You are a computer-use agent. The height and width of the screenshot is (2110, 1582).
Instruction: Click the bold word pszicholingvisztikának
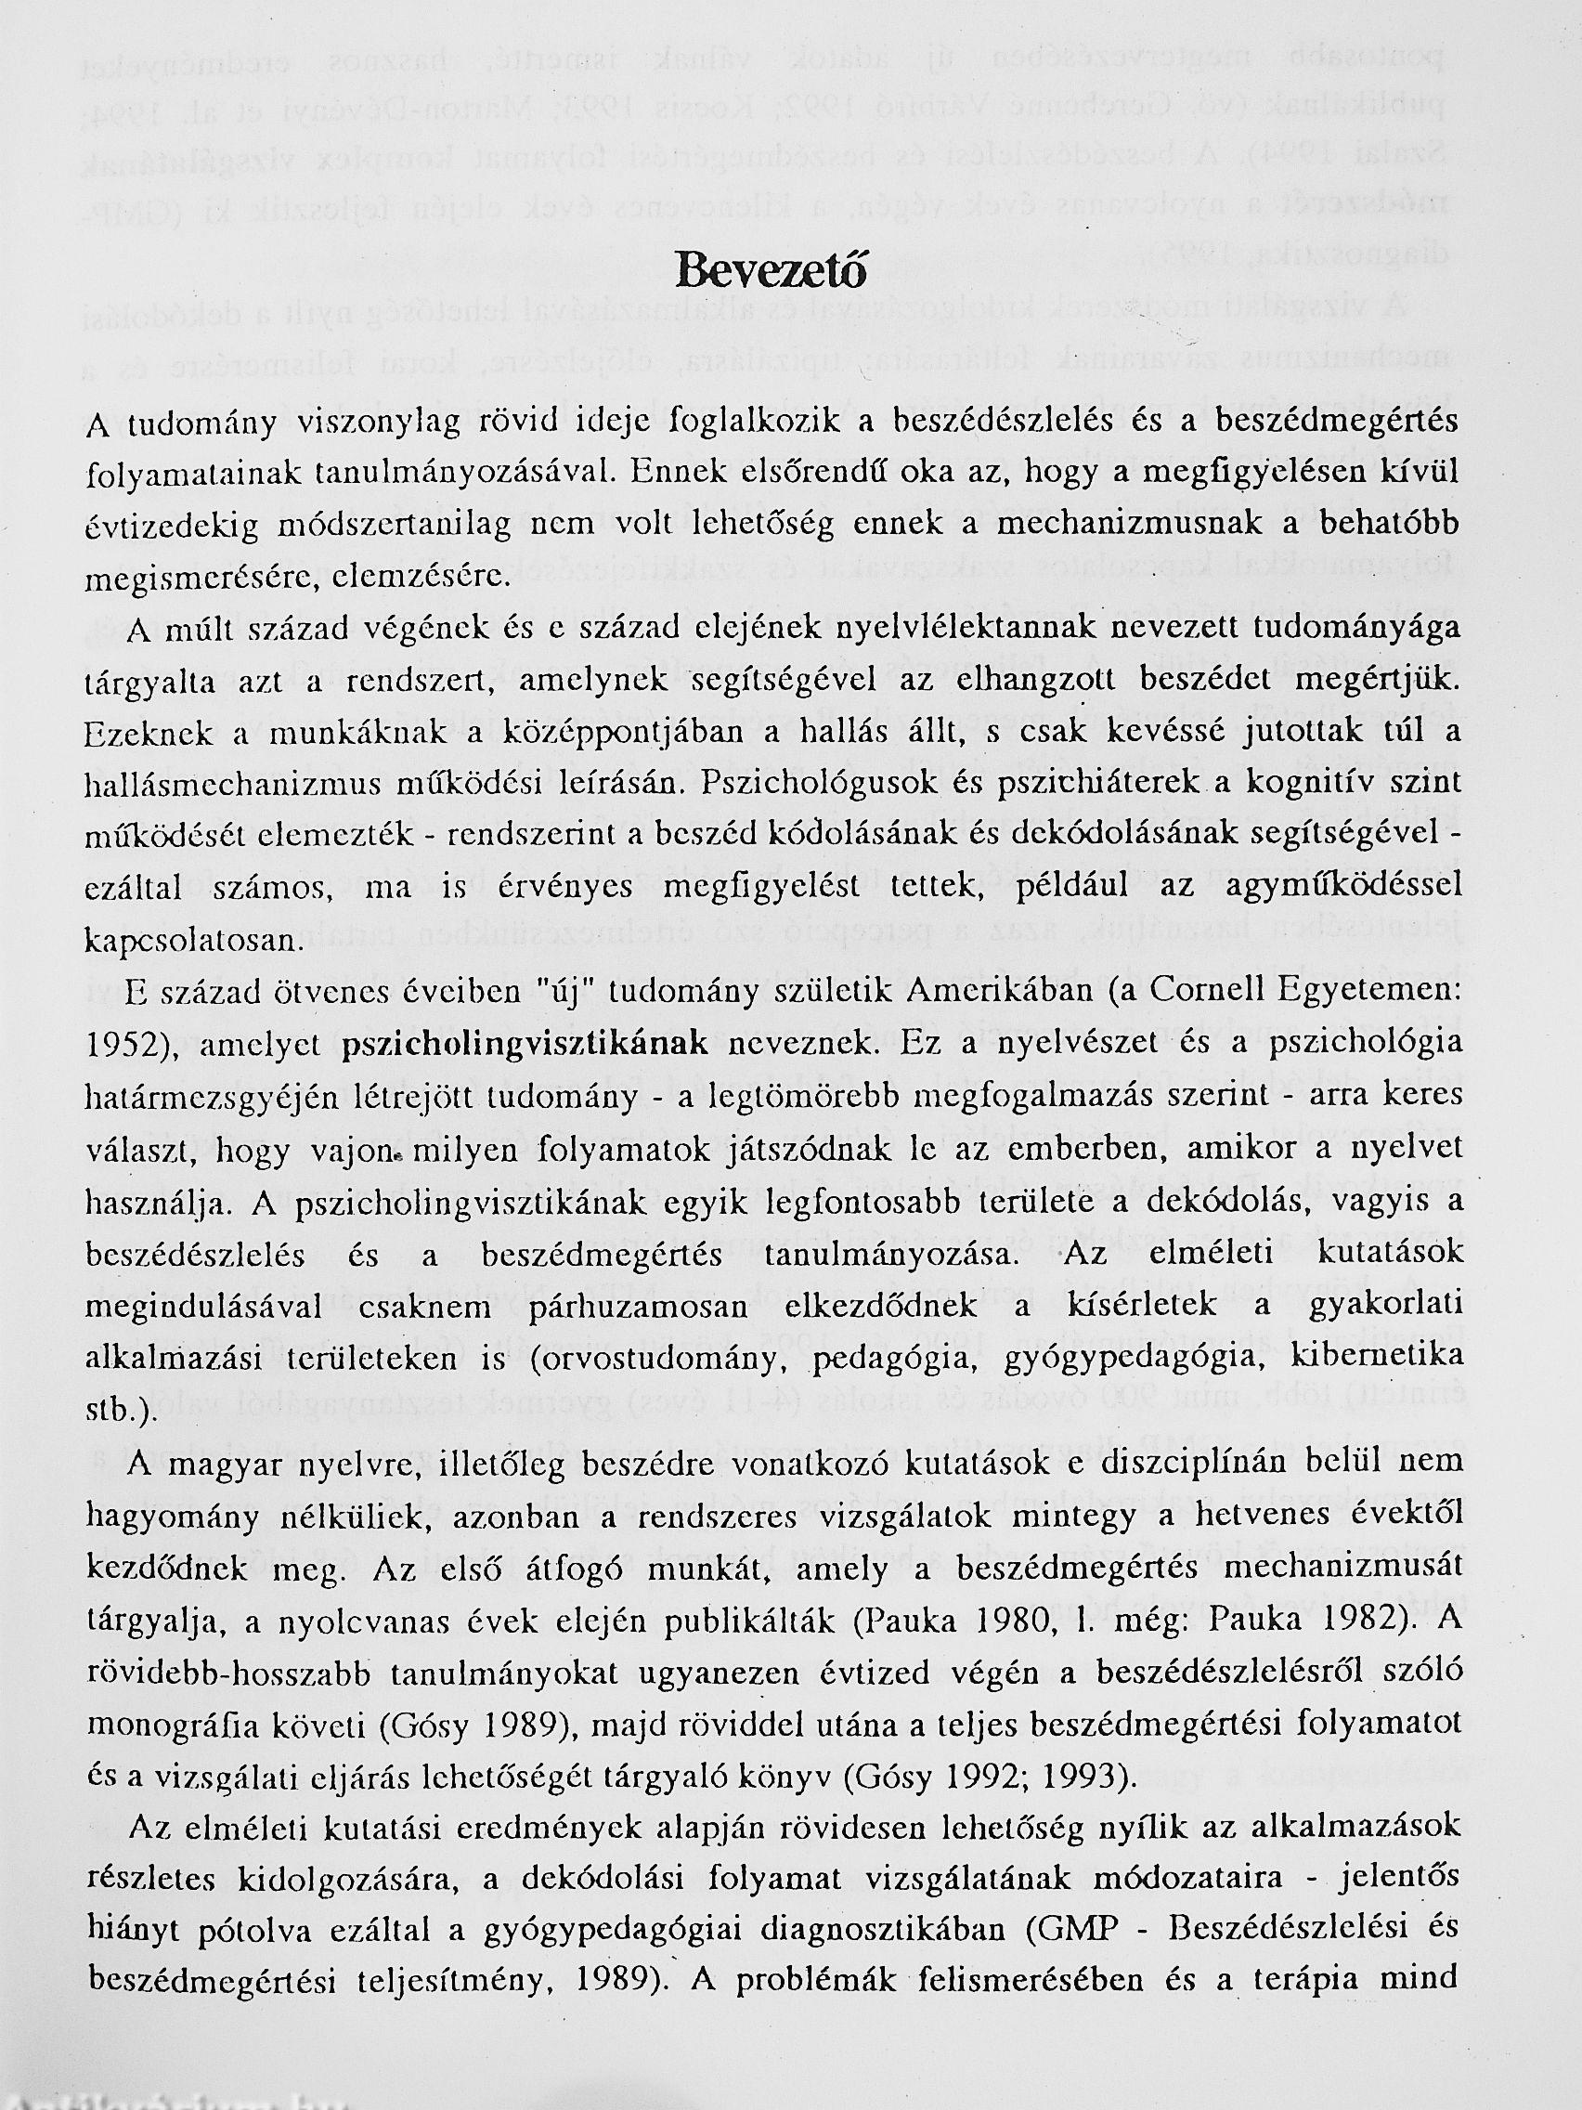pyautogui.click(x=525, y=1044)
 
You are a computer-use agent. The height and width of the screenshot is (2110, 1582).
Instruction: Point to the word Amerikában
pyautogui.click(x=1000, y=993)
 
